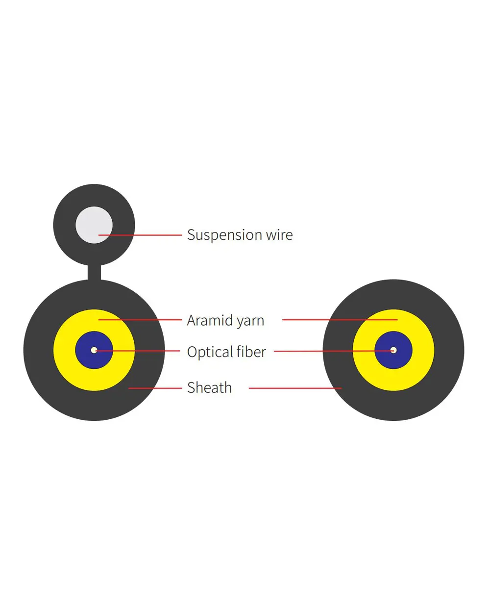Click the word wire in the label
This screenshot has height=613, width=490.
click(279, 235)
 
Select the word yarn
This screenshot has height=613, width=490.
click(250, 321)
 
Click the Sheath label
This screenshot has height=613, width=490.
click(209, 387)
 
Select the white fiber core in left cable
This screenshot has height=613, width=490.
click(94, 350)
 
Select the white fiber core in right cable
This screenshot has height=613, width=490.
click(393, 350)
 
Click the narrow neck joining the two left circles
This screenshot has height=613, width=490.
click(94, 272)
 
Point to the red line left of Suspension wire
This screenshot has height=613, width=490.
click(147, 235)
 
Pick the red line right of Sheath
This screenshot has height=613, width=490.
click(294, 388)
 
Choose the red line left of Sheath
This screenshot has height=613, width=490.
click(154, 388)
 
